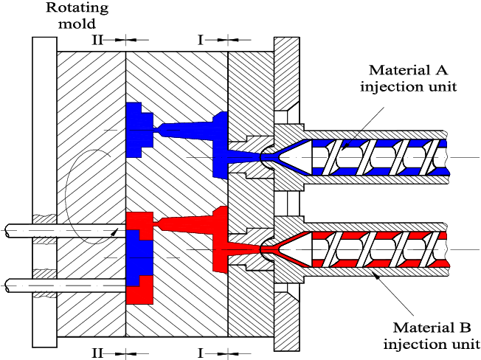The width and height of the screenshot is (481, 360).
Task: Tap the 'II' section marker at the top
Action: pyautogui.click(x=97, y=39)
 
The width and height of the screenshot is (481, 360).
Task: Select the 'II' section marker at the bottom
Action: pyautogui.click(x=97, y=352)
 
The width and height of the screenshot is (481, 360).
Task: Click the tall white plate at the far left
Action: pyautogui.click(x=44, y=192)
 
